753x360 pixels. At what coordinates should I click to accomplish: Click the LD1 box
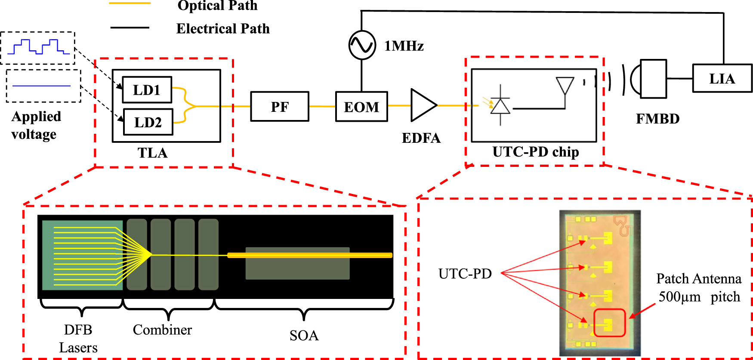[147, 90]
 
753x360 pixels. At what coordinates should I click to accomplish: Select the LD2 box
[148, 122]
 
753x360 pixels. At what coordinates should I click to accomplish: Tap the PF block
[280, 106]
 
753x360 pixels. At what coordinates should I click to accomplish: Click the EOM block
[361, 106]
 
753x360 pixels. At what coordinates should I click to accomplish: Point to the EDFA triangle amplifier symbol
[422, 105]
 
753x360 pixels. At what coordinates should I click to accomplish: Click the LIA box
[722, 78]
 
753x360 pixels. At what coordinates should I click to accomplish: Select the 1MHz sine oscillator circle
[362, 45]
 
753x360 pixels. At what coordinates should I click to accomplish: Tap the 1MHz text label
[404, 46]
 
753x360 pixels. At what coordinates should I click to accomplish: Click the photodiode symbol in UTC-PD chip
[500, 105]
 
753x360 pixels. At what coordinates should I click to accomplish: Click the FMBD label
[657, 119]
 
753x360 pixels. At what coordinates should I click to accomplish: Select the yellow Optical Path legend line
[130, 3]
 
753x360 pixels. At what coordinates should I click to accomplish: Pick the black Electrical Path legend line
[130, 28]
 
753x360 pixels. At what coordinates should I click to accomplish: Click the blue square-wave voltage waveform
[38, 46]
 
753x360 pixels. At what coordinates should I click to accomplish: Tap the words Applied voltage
[36, 125]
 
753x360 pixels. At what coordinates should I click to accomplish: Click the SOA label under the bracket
[304, 335]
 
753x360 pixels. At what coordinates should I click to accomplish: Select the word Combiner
[162, 330]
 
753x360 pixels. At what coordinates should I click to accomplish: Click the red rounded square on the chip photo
[609, 323]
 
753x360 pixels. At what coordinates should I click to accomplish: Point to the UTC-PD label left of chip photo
[465, 274]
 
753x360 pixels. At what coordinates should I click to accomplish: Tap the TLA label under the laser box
[152, 153]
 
